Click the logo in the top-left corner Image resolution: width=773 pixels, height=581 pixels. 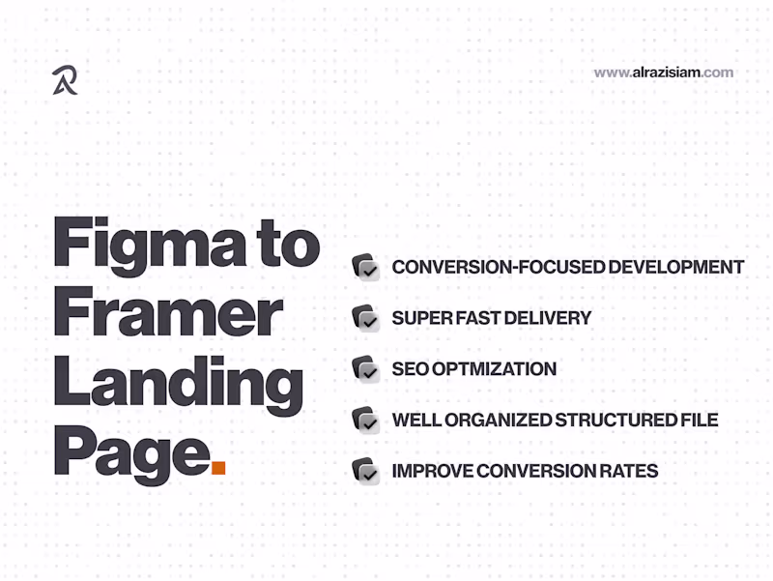pos(65,80)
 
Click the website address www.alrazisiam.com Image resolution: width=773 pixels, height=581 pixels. pos(663,73)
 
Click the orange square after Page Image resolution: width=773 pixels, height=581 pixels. pos(218,468)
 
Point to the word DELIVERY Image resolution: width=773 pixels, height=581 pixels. pos(549,318)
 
